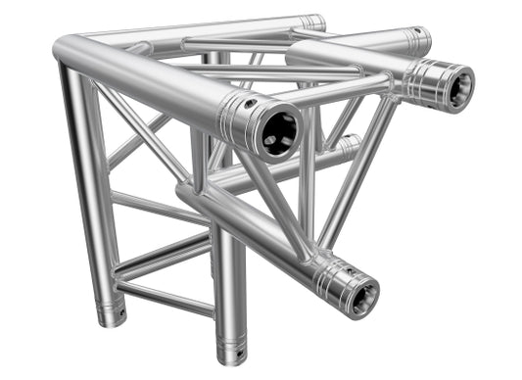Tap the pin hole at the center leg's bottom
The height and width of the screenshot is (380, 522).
click(235, 356)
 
